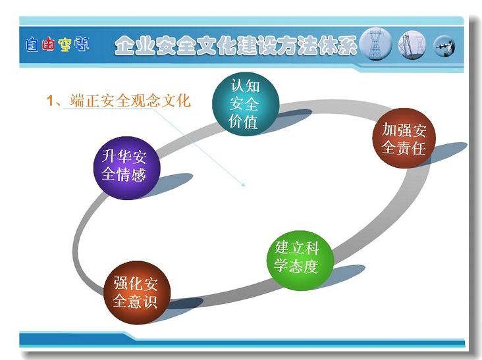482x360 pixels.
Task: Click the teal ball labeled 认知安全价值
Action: tap(246, 105)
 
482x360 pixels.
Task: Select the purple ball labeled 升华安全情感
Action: tap(126, 168)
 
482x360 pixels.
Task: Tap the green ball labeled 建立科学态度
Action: tap(300, 261)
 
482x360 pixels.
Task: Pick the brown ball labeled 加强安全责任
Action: tap(404, 138)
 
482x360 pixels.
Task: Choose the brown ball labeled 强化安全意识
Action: tap(137, 293)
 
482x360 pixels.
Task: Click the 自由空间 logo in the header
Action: tap(57, 45)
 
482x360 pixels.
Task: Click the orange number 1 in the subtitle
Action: tap(50, 101)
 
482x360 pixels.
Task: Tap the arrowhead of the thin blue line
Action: tap(243, 185)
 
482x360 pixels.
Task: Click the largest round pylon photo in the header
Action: tap(375, 44)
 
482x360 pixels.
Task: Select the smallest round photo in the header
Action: tap(444, 46)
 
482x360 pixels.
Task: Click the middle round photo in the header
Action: tap(412, 45)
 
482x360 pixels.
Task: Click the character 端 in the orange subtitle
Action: tap(77, 101)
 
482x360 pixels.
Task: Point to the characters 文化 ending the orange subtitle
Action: tap(176, 101)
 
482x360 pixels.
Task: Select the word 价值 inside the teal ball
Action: tap(243, 122)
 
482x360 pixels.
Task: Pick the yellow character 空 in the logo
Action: tap(65, 45)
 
